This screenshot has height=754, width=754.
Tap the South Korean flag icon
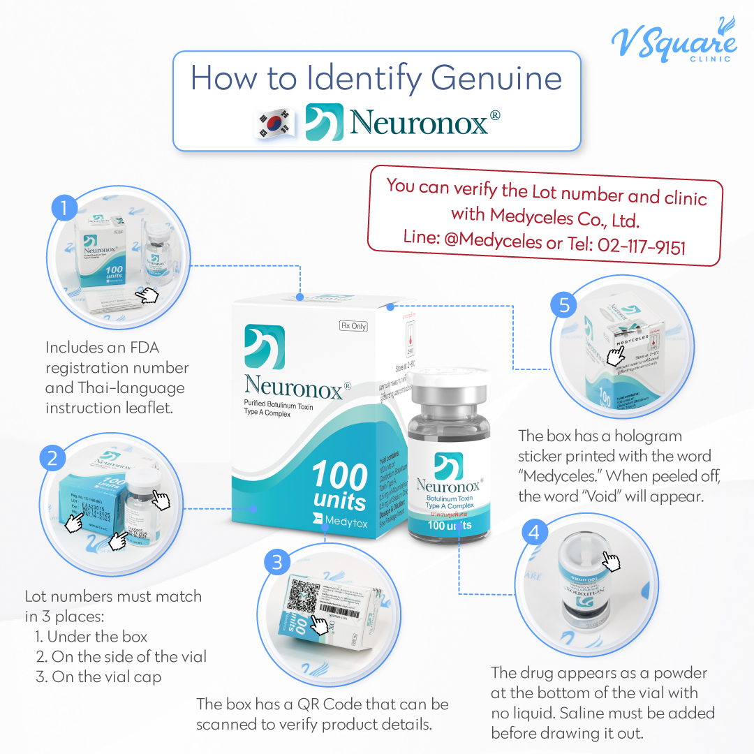point(274,124)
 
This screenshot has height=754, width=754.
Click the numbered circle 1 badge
point(64,208)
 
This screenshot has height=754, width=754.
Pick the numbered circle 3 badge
point(277,561)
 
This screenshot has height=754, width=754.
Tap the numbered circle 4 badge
point(534,533)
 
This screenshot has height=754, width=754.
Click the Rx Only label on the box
point(353,325)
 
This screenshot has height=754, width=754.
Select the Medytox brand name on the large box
point(345,519)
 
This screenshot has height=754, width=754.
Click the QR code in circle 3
point(305,594)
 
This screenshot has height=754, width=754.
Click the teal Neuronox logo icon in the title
point(325,122)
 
